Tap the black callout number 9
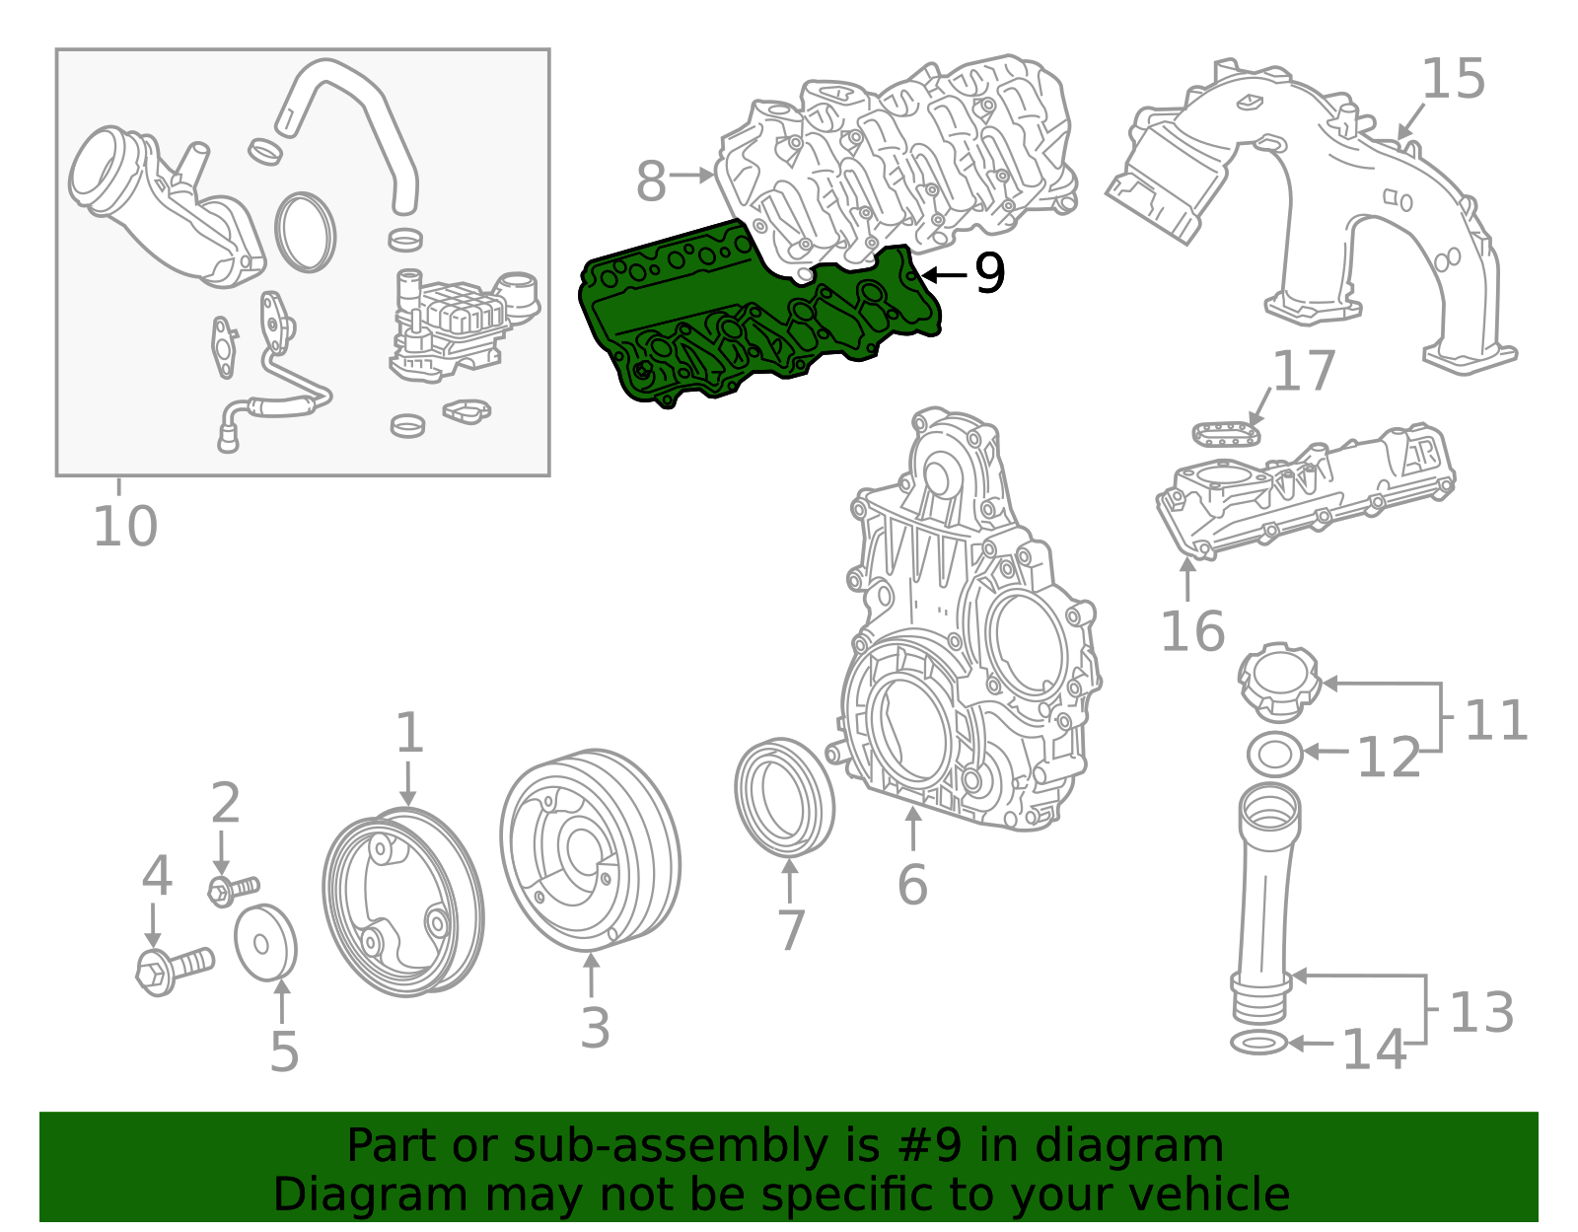988,274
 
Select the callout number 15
1453,80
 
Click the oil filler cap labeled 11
1279,680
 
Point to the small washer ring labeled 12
1274,756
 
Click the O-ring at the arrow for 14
1258,1043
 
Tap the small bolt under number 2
232,889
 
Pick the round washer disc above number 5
264,942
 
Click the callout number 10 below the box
125,526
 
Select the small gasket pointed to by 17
1227,433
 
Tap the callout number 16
1192,631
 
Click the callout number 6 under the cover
912,884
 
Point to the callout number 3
595,1028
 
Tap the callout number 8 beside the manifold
651,181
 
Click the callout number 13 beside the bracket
1481,1012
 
